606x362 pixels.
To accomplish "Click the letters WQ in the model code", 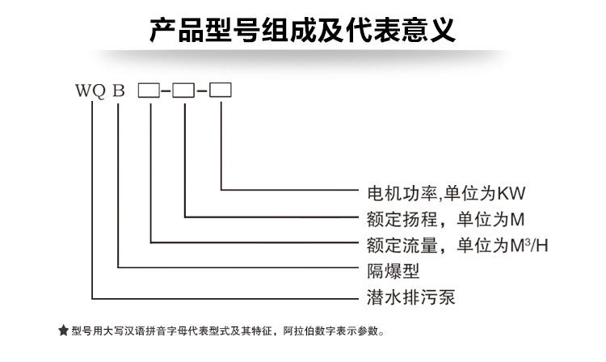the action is [90, 91].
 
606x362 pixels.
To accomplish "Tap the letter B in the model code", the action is [119, 90].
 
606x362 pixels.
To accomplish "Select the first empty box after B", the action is [149, 90].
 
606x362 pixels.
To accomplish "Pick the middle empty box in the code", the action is [183, 90].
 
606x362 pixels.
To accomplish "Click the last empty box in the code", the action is [221, 90].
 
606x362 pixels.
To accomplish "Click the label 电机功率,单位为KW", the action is [446, 193].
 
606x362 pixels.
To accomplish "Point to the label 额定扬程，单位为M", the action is [445, 220].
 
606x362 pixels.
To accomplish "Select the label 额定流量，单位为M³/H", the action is [457, 246].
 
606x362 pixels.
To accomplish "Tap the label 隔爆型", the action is [393, 271].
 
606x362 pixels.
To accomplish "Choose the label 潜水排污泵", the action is [410, 297].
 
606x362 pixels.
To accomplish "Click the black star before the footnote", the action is [63, 330].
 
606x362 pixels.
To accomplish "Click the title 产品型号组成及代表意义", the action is [303, 30].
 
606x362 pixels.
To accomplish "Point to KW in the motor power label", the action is [511, 193].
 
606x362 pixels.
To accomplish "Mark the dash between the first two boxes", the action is [166, 91].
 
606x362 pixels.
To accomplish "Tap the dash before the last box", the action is [202, 91].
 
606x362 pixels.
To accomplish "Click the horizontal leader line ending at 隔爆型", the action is [238, 267].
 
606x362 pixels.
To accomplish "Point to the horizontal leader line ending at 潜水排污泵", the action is [225, 298].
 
